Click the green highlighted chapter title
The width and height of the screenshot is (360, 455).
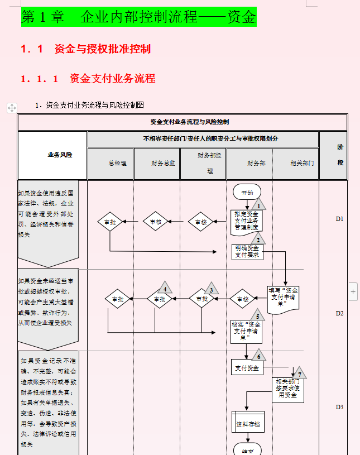point(138,17)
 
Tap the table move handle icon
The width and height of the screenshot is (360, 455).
point(12,108)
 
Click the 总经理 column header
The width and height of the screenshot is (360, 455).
point(117,164)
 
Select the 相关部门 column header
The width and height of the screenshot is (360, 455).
point(301,164)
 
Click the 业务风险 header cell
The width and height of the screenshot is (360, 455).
point(60,155)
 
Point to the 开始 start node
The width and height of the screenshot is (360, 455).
point(247,192)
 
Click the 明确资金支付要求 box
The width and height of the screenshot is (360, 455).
point(247,252)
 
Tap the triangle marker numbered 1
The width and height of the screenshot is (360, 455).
point(258,204)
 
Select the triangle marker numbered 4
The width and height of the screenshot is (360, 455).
point(165,288)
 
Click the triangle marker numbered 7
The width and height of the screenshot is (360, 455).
point(299,373)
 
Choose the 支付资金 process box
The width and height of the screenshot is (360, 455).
point(247,368)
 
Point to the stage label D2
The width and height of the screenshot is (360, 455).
point(339,313)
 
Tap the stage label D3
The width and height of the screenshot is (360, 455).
point(339,407)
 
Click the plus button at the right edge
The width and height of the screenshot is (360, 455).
point(353,291)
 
